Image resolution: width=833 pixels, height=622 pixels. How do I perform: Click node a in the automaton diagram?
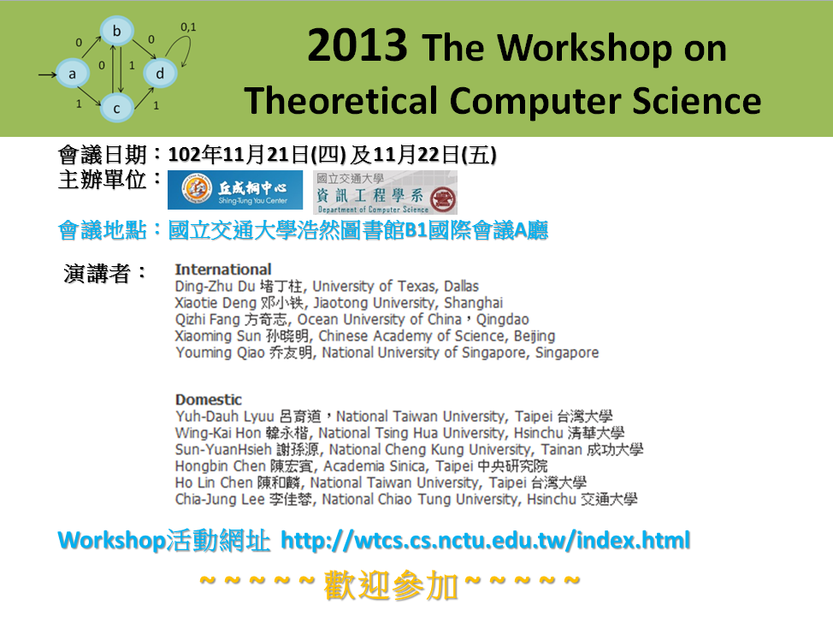tap(72, 74)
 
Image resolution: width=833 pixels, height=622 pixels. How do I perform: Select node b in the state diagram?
tap(116, 32)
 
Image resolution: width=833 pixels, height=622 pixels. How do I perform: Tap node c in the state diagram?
tap(116, 108)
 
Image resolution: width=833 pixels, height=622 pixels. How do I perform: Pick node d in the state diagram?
tap(160, 74)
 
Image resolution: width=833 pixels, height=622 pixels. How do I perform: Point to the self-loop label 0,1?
tap(188, 27)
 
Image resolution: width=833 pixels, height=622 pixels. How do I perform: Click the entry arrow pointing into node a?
tap(47, 74)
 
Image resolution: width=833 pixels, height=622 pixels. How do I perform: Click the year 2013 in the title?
tap(357, 45)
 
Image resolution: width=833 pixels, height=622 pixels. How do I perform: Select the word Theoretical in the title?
tap(341, 100)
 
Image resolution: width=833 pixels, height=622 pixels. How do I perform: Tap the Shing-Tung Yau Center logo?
tap(235, 190)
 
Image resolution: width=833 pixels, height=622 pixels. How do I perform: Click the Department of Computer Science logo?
tap(385, 192)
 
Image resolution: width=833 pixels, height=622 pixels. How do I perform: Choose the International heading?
tap(223, 270)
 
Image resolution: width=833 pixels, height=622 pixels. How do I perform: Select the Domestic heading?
tap(209, 400)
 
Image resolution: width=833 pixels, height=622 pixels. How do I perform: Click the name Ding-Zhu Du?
tap(216, 287)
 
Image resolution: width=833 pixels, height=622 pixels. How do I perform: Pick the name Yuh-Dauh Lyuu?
tap(225, 417)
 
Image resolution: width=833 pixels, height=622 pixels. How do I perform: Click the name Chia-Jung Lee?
tap(220, 499)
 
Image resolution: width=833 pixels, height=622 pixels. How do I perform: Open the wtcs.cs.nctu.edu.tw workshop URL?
tap(485, 540)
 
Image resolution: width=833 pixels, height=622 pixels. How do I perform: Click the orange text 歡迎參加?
tap(391, 585)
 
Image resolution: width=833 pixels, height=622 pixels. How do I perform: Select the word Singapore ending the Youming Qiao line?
tap(567, 353)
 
